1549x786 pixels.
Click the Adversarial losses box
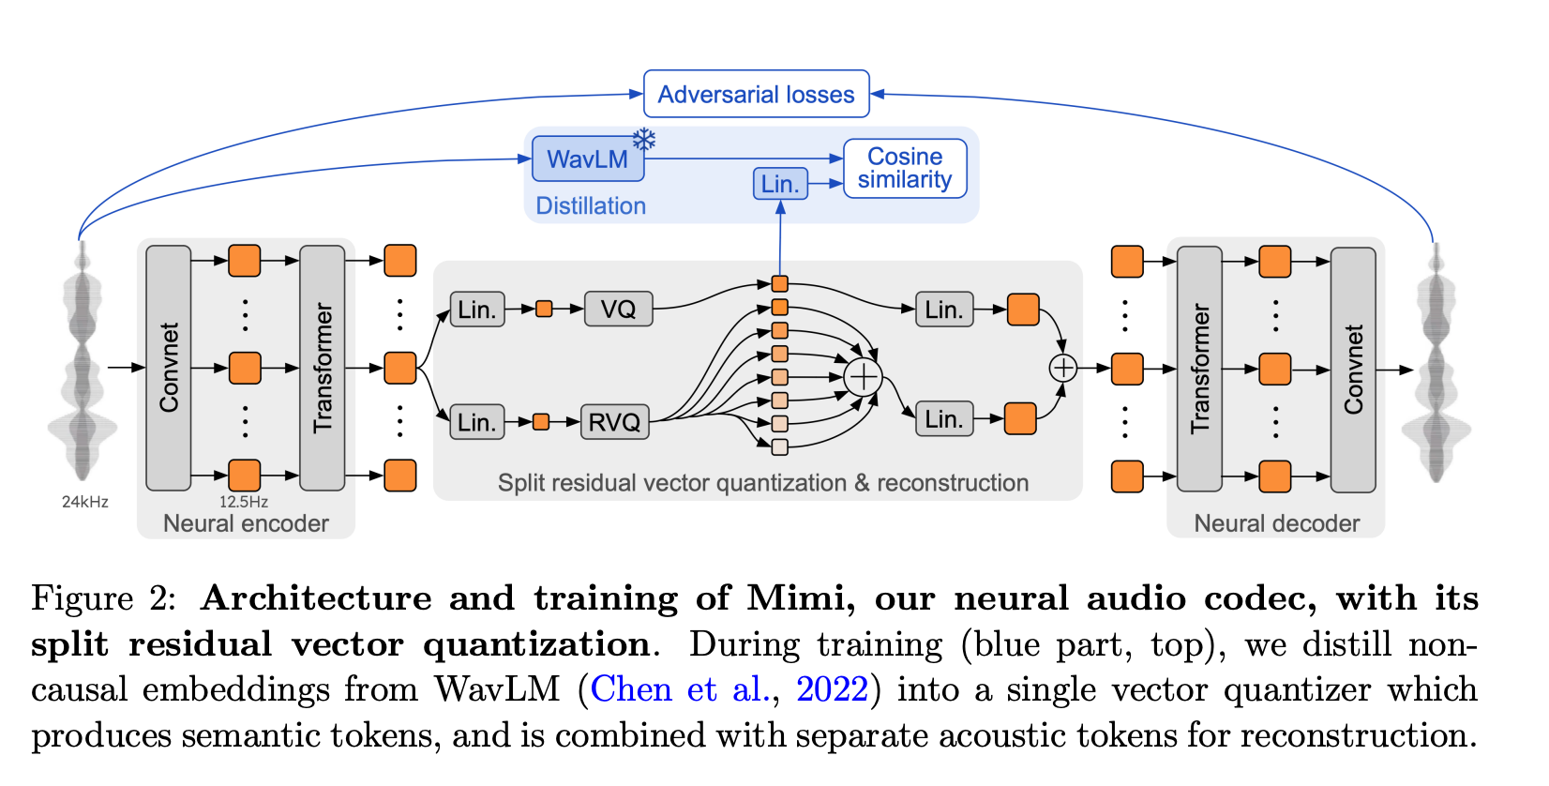click(756, 94)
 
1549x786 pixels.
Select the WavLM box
click(588, 159)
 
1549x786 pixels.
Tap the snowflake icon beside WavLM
click(644, 140)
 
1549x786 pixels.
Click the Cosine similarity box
click(905, 169)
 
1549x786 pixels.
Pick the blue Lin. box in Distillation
click(780, 184)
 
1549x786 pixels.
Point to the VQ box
click(618, 309)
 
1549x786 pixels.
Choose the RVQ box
click(614, 422)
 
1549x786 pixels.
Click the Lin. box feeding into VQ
click(477, 310)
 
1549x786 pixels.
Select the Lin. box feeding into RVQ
click(477, 422)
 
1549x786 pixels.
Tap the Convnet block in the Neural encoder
click(169, 368)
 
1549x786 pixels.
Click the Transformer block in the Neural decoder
click(1199, 368)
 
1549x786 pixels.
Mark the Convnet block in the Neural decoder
click(1353, 369)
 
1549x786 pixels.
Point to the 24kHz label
click(85, 502)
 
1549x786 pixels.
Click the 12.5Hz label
click(244, 502)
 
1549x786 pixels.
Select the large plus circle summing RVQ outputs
click(863, 377)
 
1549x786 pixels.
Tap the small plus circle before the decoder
click(1062, 368)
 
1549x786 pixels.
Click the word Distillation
click(591, 206)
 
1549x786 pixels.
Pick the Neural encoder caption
click(246, 523)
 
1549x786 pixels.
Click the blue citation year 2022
click(832, 689)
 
